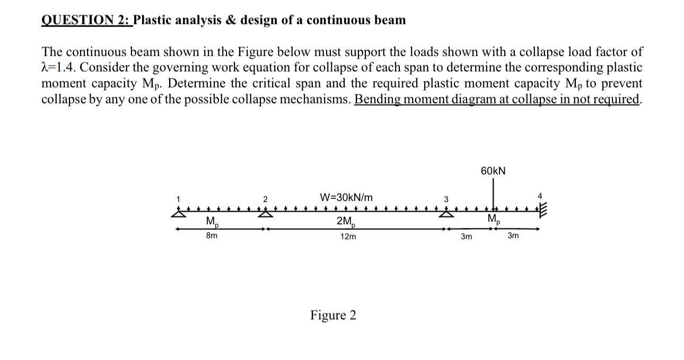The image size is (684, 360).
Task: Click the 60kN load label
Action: click(493, 171)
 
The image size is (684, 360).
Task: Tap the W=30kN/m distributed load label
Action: click(346, 197)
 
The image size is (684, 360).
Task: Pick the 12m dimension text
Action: click(347, 237)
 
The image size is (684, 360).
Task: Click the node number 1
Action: click(179, 199)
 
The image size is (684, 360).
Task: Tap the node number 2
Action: click(265, 199)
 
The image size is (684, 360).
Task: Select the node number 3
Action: click(446, 199)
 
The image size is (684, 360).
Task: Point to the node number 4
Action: click(539, 196)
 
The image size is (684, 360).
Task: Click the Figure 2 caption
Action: click(333, 315)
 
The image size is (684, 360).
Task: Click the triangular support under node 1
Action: click(179, 214)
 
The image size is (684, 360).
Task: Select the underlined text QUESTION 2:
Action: click(86, 20)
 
